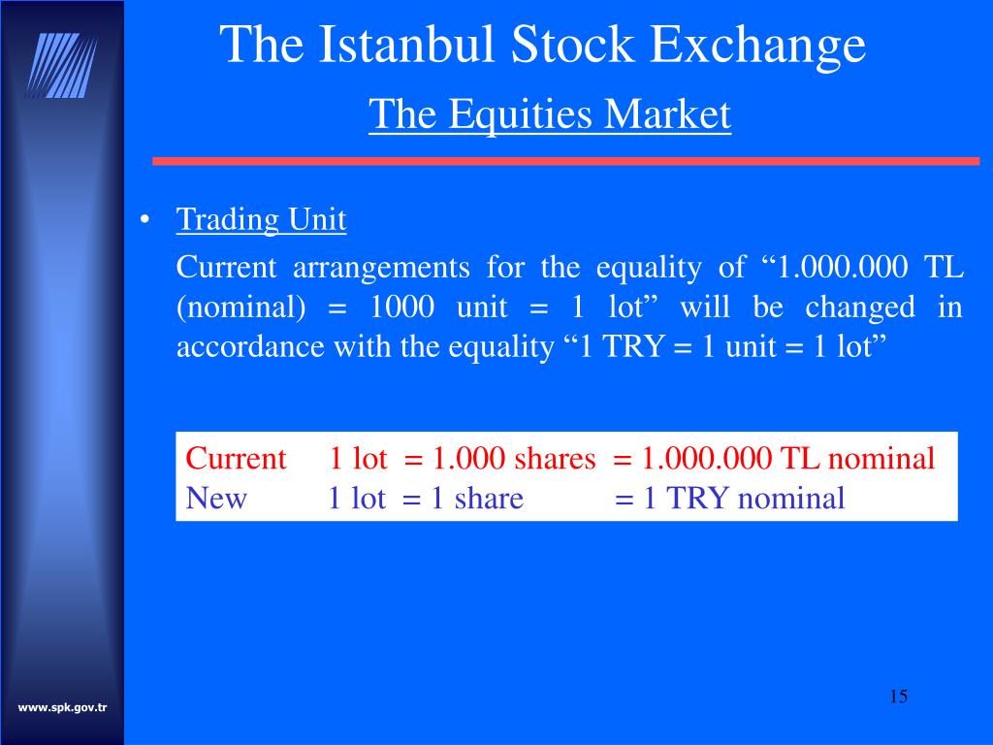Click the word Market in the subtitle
coord(668,114)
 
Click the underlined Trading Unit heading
coord(261,220)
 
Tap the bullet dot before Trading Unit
coord(144,221)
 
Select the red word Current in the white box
coord(236,458)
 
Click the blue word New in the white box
coord(216,499)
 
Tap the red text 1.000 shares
coord(514,458)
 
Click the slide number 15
coord(897,696)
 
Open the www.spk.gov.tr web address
coord(62,708)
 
